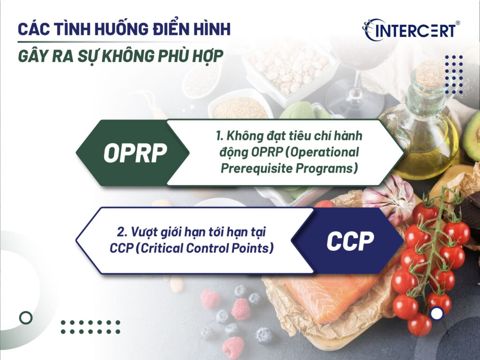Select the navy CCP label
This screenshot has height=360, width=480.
pyautogui.click(x=350, y=240)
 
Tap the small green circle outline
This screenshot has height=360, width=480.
pyautogui.click(x=26, y=317)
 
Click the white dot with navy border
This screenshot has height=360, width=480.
pyautogui.click(x=437, y=314)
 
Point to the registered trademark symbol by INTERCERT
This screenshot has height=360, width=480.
pyautogui.click(x=457, y=22)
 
